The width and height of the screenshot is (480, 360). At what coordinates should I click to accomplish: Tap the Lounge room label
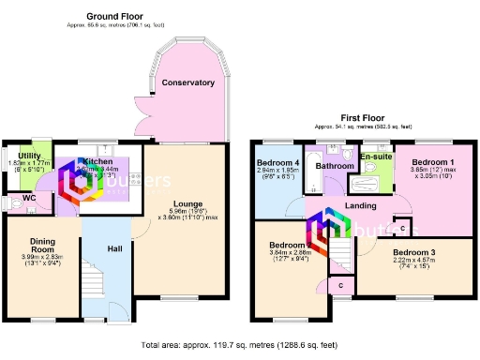(x=188, y=203)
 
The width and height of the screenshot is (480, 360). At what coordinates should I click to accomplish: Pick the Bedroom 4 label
(x=277, y=163)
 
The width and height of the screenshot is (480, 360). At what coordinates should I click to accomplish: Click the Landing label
(x=360, y=206)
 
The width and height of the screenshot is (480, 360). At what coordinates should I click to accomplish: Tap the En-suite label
(x=375, y=156)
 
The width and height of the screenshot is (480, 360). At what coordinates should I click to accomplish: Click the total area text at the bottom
(x=239, y=345)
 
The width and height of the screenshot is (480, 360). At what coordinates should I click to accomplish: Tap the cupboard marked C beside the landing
(x=402, y=228)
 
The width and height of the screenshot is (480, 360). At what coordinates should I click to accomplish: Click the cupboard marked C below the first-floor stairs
(x=341, y=284)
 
